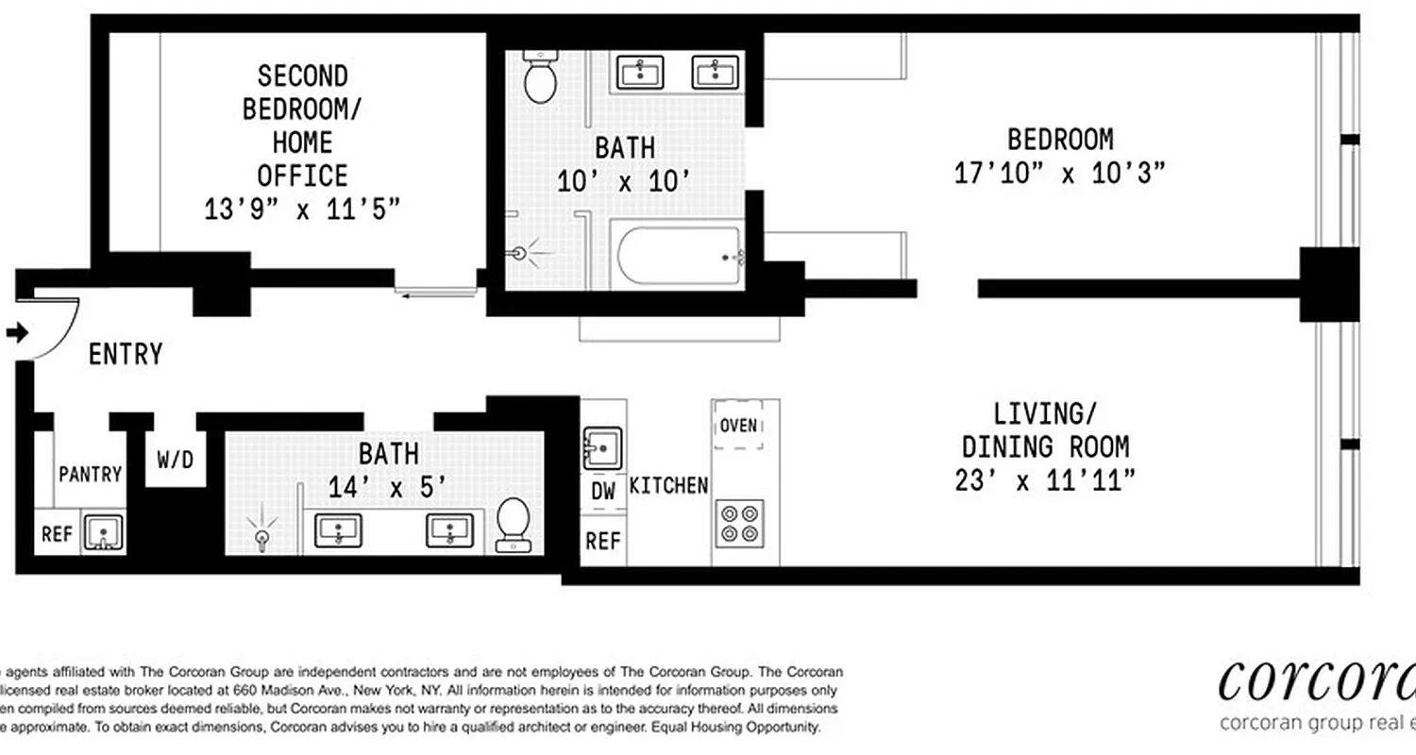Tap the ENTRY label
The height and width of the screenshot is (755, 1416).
pyautogui.click(x=126, y=355)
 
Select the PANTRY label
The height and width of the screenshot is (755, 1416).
pyautogui.click(x=91, y=474)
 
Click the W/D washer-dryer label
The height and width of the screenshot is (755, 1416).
pyautogui.click(x=175, y=461)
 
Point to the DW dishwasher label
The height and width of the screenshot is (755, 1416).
pyautogui.click(x=603, y=492)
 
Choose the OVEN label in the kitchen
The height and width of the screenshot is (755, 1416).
pyautogui.click(x=738, y=426)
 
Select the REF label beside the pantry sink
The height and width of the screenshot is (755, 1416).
pyautogui.click(x=57, y=534)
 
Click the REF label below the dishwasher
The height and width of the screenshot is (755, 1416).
pyautogui.click(x=603, y=541)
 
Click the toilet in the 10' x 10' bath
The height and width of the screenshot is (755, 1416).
pyautogui.click(x=541, y=78)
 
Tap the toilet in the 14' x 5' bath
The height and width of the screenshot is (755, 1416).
pyautogui.click(x=513, y=525)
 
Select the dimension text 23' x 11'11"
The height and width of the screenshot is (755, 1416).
pyautogui.click(x=1044, y=481)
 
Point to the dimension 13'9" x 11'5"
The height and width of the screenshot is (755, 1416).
pyautogui.click(x=302, y=209)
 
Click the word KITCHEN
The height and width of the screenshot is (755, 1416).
pyautogui.click(x=668, y=486)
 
